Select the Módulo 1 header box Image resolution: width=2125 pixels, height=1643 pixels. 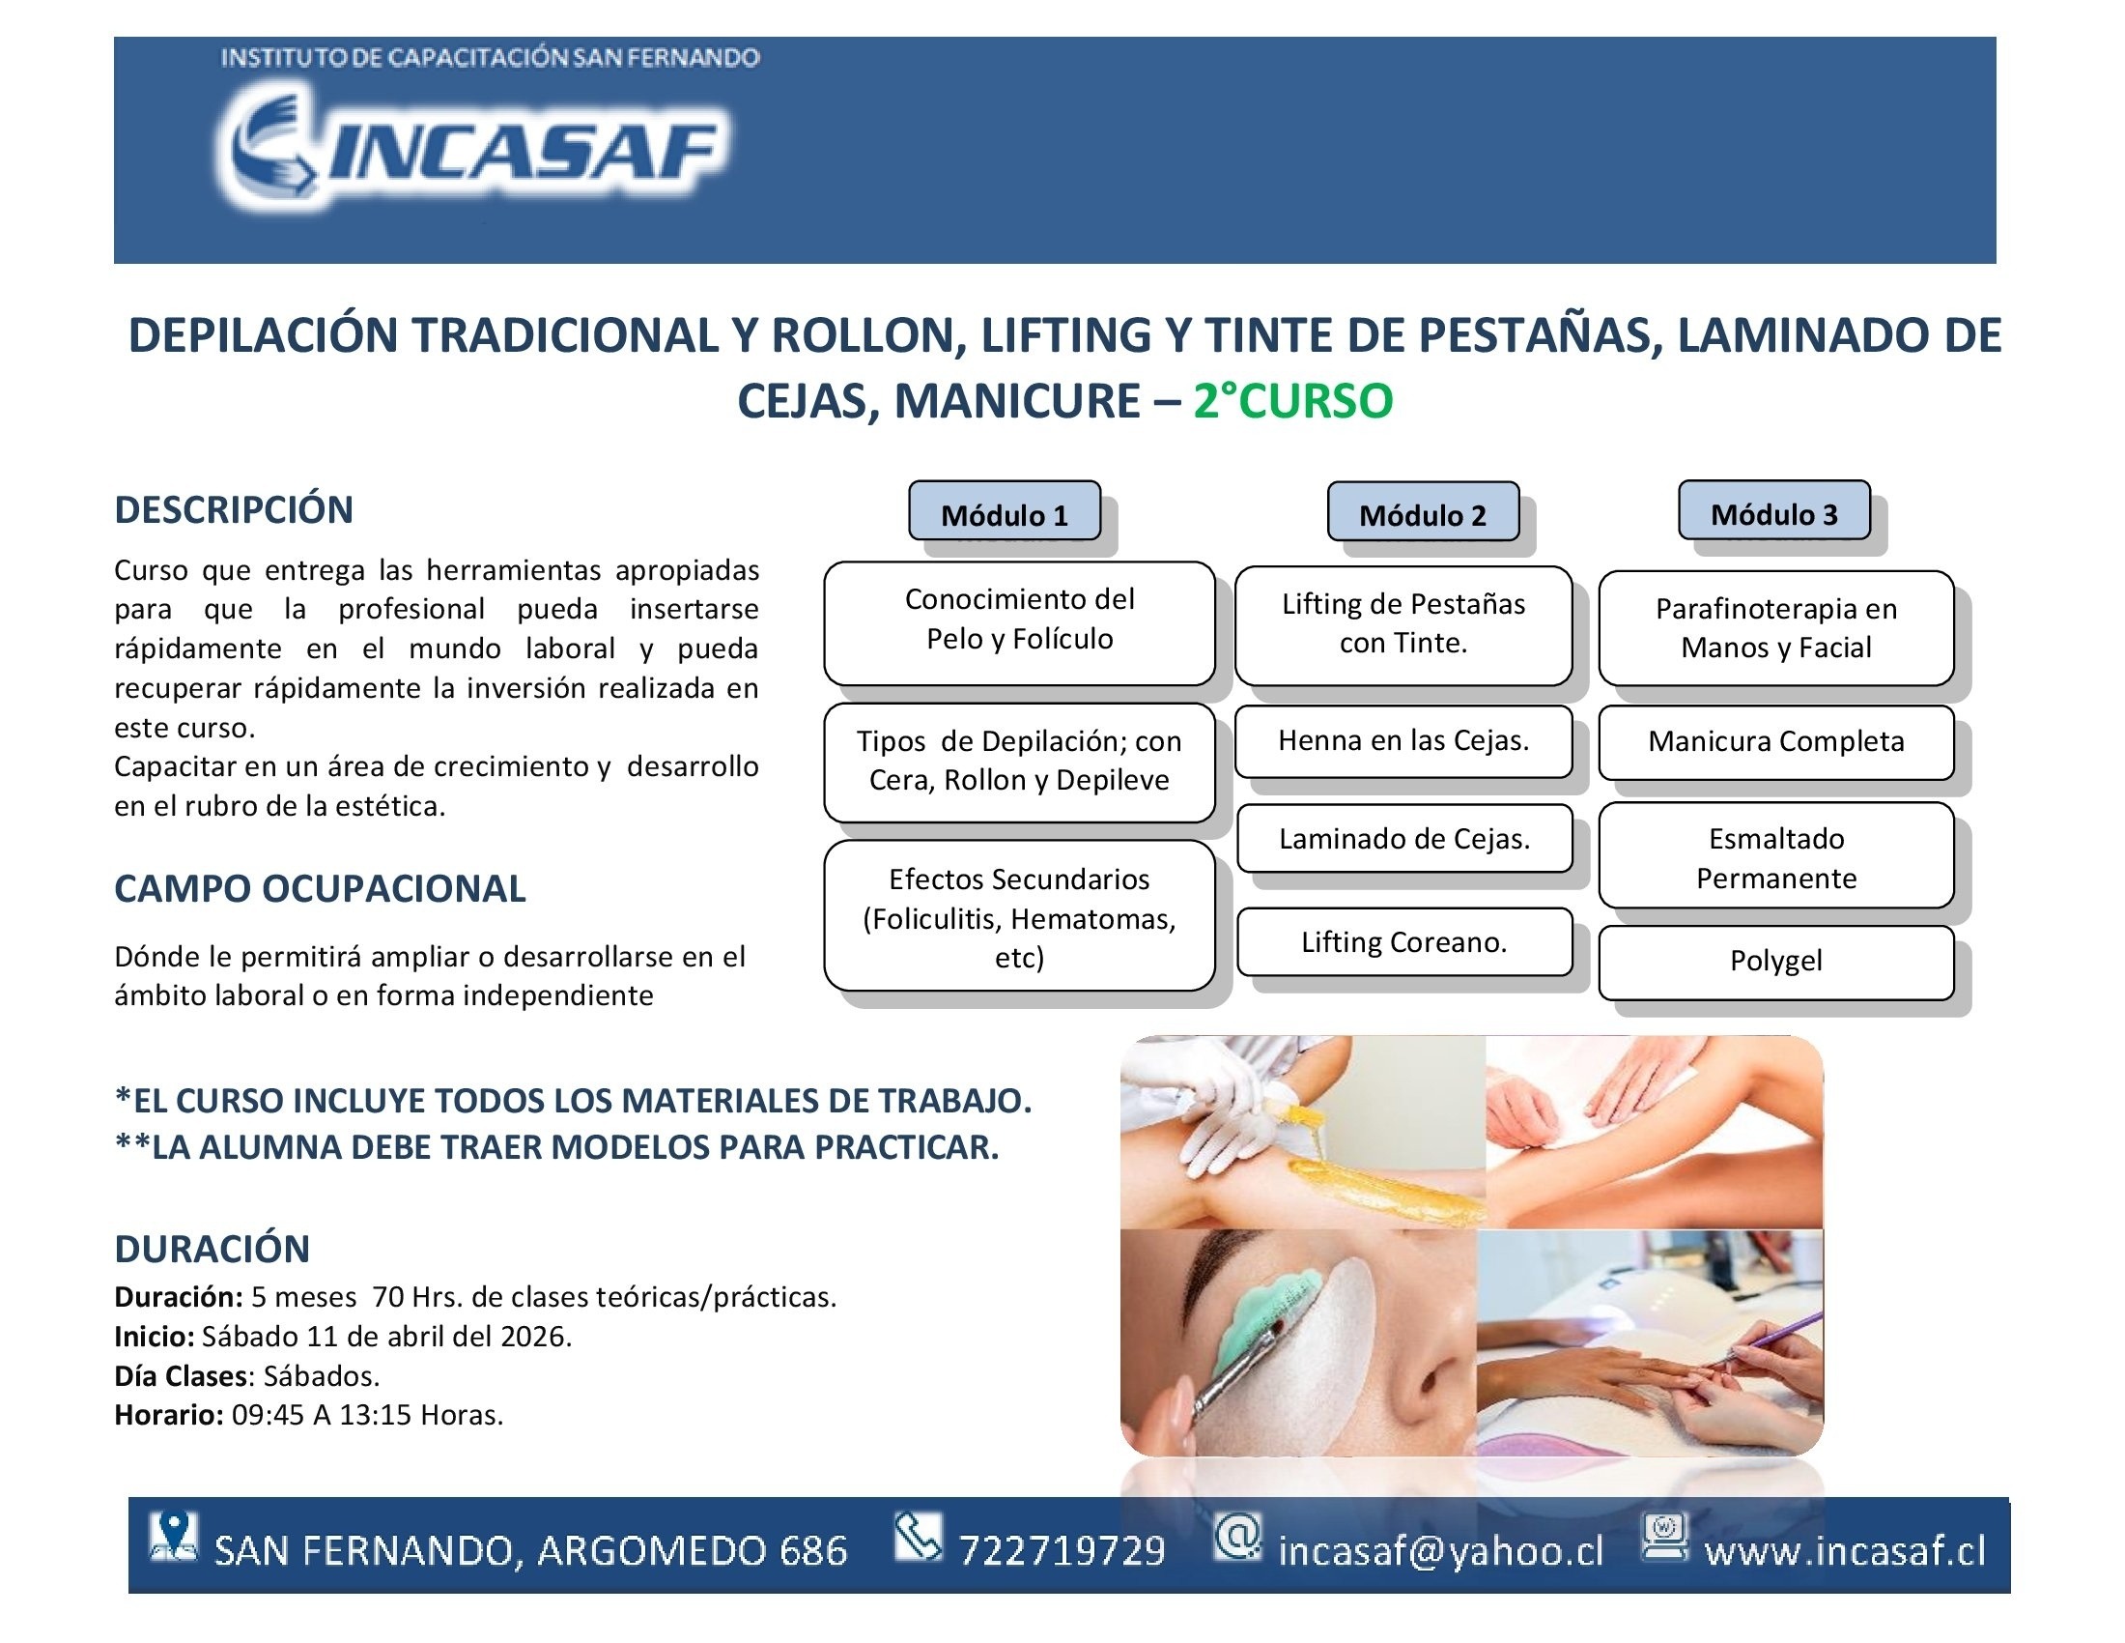tap(1005, 511)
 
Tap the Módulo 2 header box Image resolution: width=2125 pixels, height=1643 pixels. tap(1423, 512)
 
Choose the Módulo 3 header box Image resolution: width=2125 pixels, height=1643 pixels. tap(1773, 510)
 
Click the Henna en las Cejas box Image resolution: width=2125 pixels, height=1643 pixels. tap(1403, 741)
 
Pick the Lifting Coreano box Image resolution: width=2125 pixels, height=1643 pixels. tap(1404, 942)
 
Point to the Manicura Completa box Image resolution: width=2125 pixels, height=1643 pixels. tap(1775, 742)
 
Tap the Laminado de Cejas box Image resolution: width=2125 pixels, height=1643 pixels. tap(1404, 838)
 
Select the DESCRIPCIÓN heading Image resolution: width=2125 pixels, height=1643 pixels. tap(234, 510)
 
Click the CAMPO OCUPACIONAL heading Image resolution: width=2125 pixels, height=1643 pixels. tap(320, 888)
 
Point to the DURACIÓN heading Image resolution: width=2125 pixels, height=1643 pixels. tap(212, 1249)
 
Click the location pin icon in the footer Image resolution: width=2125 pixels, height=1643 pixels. tap(173, 1537)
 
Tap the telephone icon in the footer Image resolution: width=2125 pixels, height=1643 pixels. tap(919, 1536)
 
